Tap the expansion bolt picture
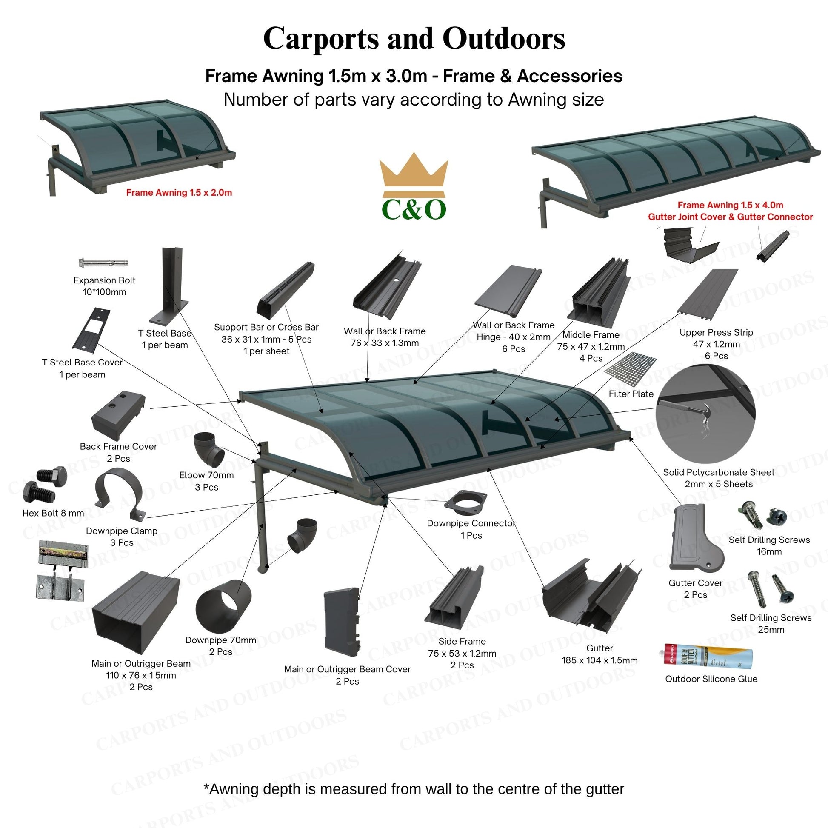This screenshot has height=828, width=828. (103, 262)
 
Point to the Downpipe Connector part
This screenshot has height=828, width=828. (465, 503)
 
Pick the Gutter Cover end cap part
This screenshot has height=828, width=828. (695, 542)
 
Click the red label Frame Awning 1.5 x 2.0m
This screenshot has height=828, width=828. (179, 193)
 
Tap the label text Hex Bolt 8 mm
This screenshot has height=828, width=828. (53, 513)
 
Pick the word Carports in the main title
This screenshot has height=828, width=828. (321, 39)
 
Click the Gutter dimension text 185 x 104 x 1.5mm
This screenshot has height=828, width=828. (599, 660)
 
